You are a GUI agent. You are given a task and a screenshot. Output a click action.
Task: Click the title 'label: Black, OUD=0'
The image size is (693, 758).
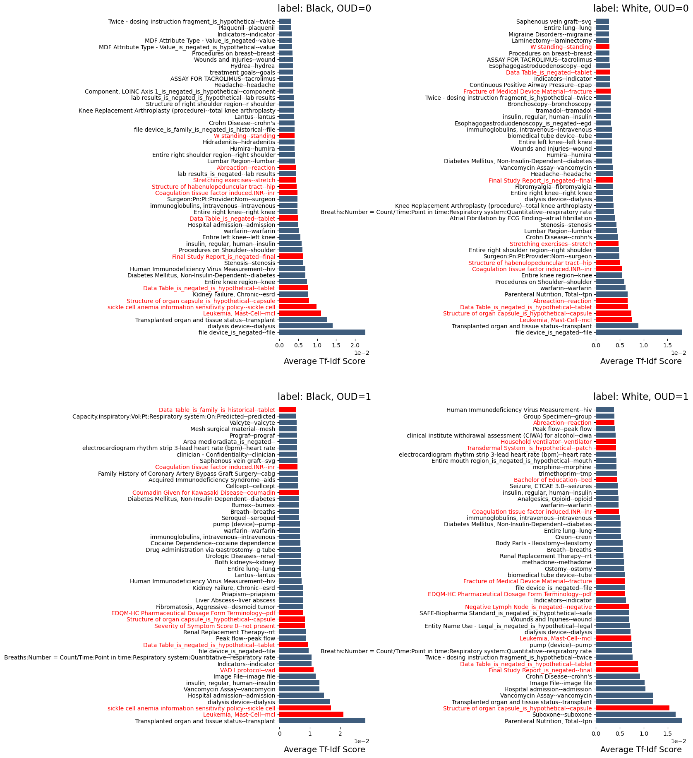pyautogui.click(x=324, y=8)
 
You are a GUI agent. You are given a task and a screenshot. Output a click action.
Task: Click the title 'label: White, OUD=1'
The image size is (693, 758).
pyautogui.click(x=640, y=397)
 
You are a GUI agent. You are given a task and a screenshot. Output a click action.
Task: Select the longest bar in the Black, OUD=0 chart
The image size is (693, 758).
pyautogui.click(x=322, y=332)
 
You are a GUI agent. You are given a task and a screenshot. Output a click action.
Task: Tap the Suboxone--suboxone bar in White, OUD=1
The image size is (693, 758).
pyautogui.click(x=635, y=715)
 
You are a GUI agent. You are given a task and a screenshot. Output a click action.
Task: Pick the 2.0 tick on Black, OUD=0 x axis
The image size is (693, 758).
pyautogui.click(x=355, y=345)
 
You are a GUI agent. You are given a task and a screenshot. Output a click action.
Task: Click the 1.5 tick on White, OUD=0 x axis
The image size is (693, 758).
pyautogui.click(x=667, y=345)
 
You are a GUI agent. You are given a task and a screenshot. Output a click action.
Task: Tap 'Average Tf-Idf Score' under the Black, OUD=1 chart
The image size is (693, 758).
pyautogui.click(x=324, y=749)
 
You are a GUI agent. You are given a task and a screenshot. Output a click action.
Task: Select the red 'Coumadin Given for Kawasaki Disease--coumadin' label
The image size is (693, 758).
pyautogui.click(x=204, y=493)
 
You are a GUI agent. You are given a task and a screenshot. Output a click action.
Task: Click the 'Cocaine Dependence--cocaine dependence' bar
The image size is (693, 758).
pyautogui.click(x=290, y=543)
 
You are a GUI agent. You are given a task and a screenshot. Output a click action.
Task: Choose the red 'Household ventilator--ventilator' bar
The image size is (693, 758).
pyautogui.click(x=606, y=442)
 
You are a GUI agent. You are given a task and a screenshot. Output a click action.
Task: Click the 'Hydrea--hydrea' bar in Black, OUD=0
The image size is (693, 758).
pyautogui.click(x=286, y=66)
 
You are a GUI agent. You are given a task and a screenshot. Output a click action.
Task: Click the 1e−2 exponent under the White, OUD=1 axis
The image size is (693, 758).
pyautogui.click(x=678, y=741)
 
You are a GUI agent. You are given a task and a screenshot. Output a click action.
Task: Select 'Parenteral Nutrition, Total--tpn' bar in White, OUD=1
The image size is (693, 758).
pyautogui.click(x=638, y=721)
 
